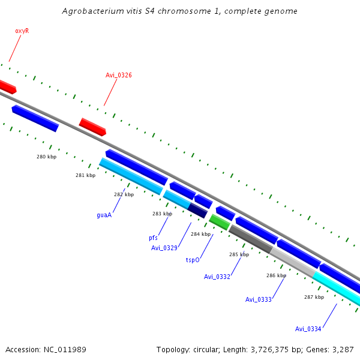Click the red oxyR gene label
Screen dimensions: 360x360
coord(22,31)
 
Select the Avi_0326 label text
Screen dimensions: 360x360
coord(119,75)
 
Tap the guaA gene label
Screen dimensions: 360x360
coord(104,215)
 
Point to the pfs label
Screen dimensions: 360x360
coord(153,238)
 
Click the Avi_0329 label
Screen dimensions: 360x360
coord(164,248)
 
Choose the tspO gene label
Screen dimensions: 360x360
coord(193,260)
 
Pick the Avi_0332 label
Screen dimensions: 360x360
coord(217,277)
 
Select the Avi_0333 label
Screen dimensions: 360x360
coord(258,299)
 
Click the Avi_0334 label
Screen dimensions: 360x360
coord(308,329)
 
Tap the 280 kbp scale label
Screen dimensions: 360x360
coord(46,157)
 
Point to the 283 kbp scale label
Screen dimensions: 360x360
coord(162,214)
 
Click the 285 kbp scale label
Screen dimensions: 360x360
coord(239,254)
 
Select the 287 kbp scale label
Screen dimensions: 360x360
coord(314,297)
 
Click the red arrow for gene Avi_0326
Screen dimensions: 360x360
coord(93,127)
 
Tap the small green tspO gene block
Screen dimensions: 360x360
coord(219,223)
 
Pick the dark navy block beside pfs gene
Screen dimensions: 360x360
coord(198,210)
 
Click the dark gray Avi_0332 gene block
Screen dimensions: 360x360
coord(250,238)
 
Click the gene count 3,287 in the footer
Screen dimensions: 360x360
coord(341,349)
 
